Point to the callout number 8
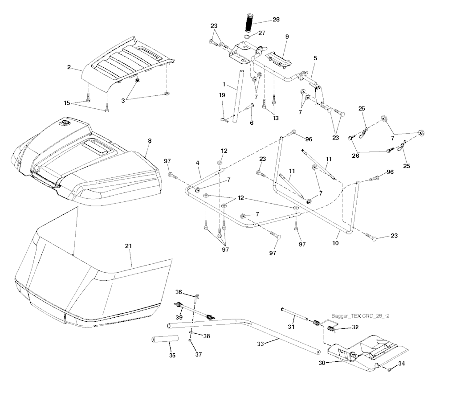(x=150, y=141)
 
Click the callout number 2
(x=69, y=67)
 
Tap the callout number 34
(x=402, y=364)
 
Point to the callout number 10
(x=335, y=243)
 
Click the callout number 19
(x=222, y=95)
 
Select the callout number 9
(x=287, y=37)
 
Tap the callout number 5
(x=315, y=58)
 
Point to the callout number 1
(x=224, y=83)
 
